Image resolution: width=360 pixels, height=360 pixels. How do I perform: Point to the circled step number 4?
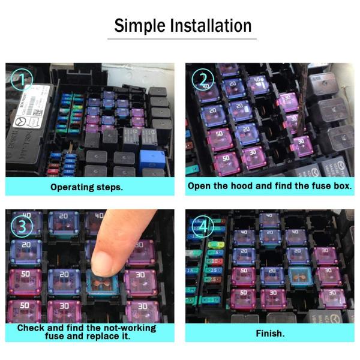(203, 227)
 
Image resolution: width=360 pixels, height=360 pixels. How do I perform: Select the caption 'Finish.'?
(269, 333)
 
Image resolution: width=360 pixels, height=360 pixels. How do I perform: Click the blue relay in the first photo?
(152, 159)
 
